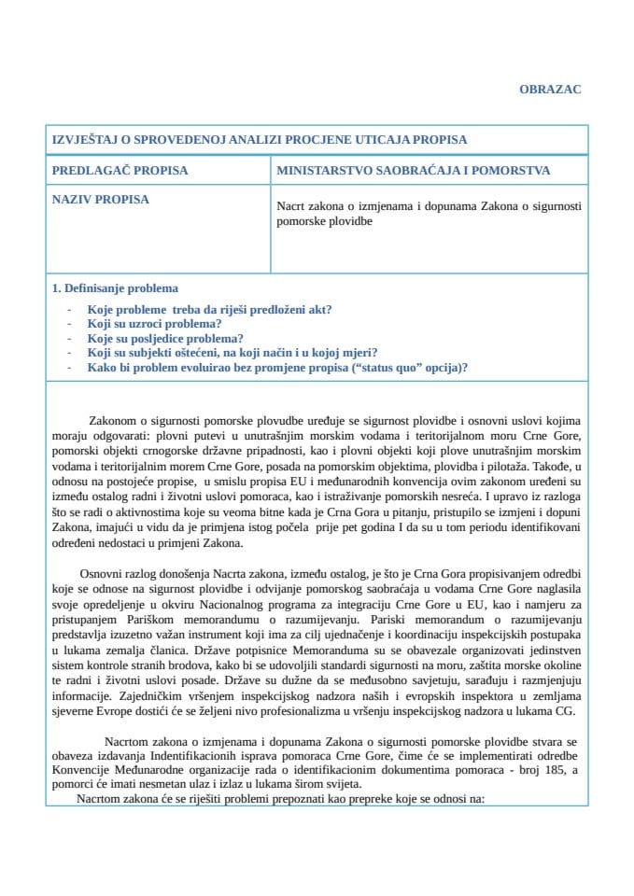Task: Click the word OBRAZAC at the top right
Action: (x=550, y=89)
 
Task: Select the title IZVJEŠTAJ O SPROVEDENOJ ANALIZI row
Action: (x=259, y=140)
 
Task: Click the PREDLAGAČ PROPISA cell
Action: (x=120, y=171)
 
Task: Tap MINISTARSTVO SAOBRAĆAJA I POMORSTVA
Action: (x=413, y=171)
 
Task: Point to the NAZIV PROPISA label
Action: (x=100, y=199)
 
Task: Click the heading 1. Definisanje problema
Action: (x=115, y=288)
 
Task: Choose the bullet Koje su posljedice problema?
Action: (x=165, y=338)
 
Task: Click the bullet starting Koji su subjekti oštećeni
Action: (x=232, y=353)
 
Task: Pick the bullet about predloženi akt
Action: (x=210, y=309)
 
